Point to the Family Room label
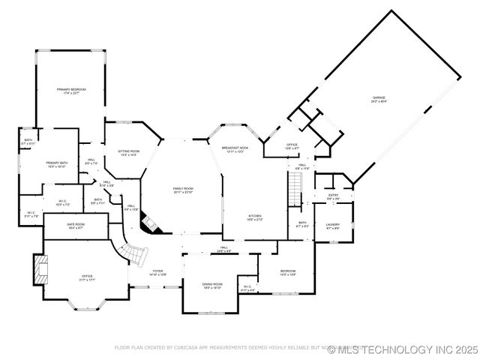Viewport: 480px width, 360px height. pos(183,190)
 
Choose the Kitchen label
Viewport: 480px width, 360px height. pos(256,217)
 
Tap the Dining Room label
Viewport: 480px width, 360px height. pos(212,286)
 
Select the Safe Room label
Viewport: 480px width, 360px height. pos(76,226)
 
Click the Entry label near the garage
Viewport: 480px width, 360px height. pos(333,196)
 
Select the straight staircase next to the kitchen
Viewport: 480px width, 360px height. pos(294,187)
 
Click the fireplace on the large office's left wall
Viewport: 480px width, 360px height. pos(38,268)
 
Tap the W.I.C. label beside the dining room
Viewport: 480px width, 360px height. pos(248,287)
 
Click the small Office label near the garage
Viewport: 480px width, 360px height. pos(292,146)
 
